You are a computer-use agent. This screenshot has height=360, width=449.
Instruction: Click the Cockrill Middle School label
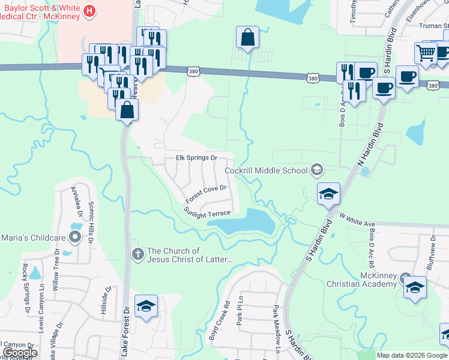point(266,170)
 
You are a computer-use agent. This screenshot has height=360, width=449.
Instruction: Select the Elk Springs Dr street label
point(196,158)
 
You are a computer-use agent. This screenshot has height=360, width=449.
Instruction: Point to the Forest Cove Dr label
point(205,194)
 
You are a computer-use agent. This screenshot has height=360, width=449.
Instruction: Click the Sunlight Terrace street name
point(207,213)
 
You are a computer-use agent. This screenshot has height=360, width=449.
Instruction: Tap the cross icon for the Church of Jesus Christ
point(137,254)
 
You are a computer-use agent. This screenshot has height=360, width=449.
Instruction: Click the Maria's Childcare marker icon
point(75,238)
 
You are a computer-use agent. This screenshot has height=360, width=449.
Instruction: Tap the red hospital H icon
point(89,10)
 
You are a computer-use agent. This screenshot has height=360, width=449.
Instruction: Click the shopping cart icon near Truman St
point(426,53)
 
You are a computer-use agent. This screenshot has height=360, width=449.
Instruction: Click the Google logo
point(20,353)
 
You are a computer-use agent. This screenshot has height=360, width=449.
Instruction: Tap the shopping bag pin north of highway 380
point(247,38)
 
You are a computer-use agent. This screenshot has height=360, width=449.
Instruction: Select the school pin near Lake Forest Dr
point(146,306)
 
